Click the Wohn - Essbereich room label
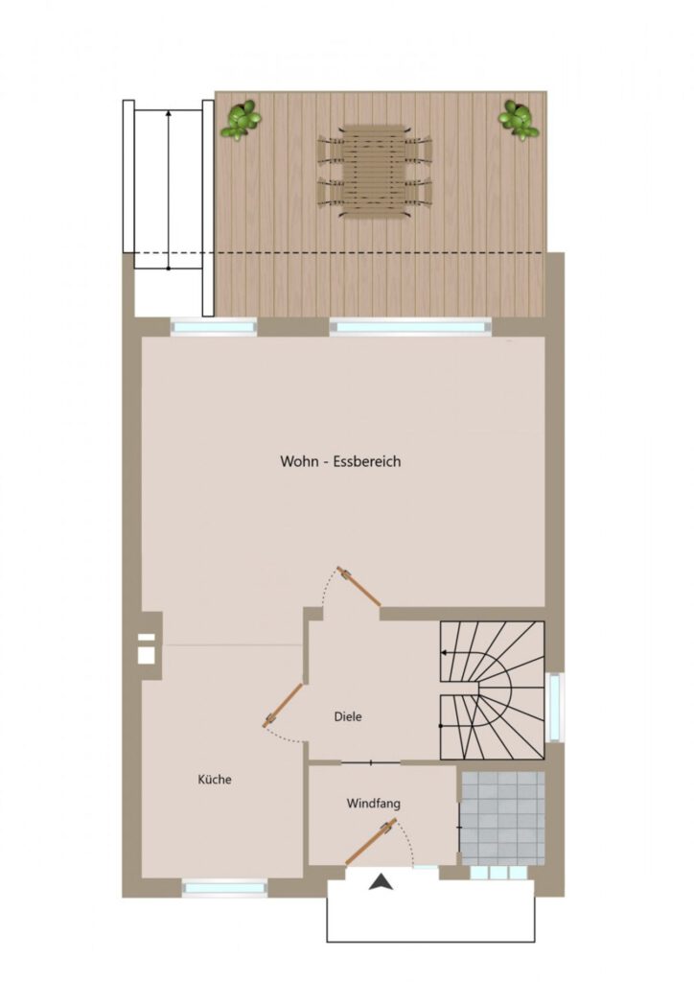click(x=340, y=461)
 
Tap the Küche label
click(x=215, y=779)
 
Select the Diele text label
click(x=348, y=716)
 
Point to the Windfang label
click(x=374, y=803)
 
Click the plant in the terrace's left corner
click(x=241, y=120)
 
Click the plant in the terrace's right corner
click(x=519, y=120)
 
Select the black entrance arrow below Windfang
click(x=381, y=883)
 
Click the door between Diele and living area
click(x=359, y=587)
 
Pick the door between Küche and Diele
click(x=282, y=706)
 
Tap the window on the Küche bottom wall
click(x=224, y=887)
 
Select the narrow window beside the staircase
click(x=554, y=707)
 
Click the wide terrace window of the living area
click(x=410, y=326)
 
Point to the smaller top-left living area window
click(x=214, y=326)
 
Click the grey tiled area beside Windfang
click(x=502, y=818)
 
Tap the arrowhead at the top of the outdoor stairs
click(x=169, y=113)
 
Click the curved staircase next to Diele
click(x=492, y=690)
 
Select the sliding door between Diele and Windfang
click(x=370, y=762)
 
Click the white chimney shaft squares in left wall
click(x=147, y=648)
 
